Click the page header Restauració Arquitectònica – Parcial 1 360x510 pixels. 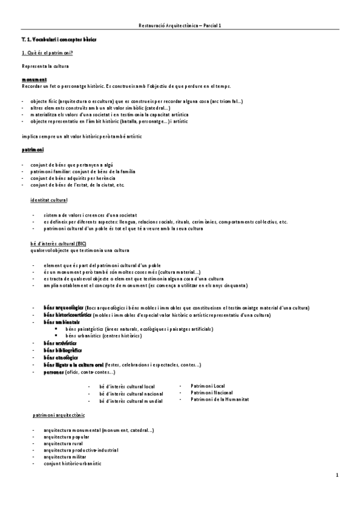180,26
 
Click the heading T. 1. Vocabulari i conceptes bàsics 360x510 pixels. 59,39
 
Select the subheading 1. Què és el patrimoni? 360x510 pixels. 47,54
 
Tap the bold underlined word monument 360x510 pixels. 34,79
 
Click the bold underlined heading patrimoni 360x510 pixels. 32,149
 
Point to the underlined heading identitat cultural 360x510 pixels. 49,200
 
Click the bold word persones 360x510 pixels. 53,372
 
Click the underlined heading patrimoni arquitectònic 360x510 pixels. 58,416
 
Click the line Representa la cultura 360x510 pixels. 44,66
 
